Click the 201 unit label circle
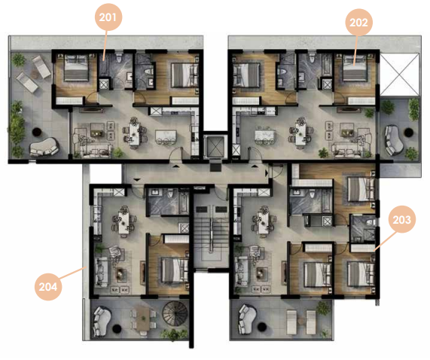[108, 17]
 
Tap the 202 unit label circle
[358, 22]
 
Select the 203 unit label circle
[402, 219]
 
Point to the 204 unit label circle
[48, 287]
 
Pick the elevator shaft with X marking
[215, 146]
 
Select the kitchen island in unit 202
[266, 136]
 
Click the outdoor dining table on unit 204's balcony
[143, 319]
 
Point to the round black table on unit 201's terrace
[37, 132]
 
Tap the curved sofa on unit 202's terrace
[394, 140]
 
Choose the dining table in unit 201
[134, 133]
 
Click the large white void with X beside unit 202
[400, 75]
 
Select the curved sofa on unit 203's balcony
[247, 319]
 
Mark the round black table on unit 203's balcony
[262, 327]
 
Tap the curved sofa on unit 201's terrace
[44, 147]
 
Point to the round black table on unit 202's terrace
[409, 133]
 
